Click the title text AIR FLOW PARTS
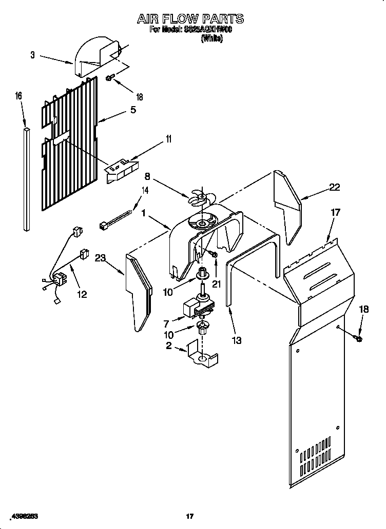coord(190,19)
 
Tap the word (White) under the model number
coord(211,38)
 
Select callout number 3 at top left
coord(32,55)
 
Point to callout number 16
coord(18,96)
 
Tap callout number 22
coord(334,187)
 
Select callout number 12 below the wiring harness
coord(82,294)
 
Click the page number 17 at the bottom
coord(189,516)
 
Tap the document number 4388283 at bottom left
coord(23,516)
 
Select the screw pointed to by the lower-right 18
coord(358,338)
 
